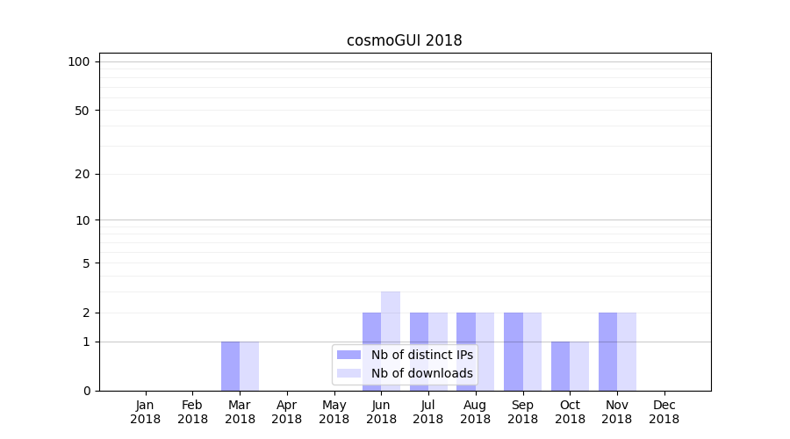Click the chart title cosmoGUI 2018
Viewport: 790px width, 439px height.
pyautogui.click(x=404, y=40)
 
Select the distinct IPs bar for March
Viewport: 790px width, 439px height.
pyautogui.click(x=230, y=366)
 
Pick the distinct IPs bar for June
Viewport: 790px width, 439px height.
pyautogui.click(x=371, y=327)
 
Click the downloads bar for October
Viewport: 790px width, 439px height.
pyautogui.click(x=579, y=366)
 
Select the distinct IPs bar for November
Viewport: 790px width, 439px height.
pyautogui.click(x=607, y=351)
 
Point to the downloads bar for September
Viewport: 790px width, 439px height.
pyautogui.click(x=532, y=351)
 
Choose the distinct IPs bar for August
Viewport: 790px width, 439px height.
pyautogui.click(x=465, y=327)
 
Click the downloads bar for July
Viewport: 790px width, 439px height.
pyautogui.click(x=438, y=327)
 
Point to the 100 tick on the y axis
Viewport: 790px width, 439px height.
pyautogui.click(x=79, y=61)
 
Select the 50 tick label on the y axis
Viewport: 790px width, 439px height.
pyautogui.click(x=83, y=111)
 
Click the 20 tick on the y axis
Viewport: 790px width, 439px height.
pyautogui.click(x=83, y=174)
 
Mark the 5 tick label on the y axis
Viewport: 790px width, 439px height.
pyautogui.click(x=86, y=263)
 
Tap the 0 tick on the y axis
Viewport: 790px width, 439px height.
pyautogui.click(x=86, y=391)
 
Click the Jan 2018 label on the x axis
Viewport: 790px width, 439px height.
pyautogui.click(x=146, y=412)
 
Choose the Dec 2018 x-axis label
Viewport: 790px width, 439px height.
pyautogui.click(x=664, y=412)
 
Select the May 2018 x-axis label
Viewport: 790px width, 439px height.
pyautogui.click(x=334, y=412)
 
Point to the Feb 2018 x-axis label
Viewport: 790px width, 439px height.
pyautogui.click(x=192, y=412)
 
